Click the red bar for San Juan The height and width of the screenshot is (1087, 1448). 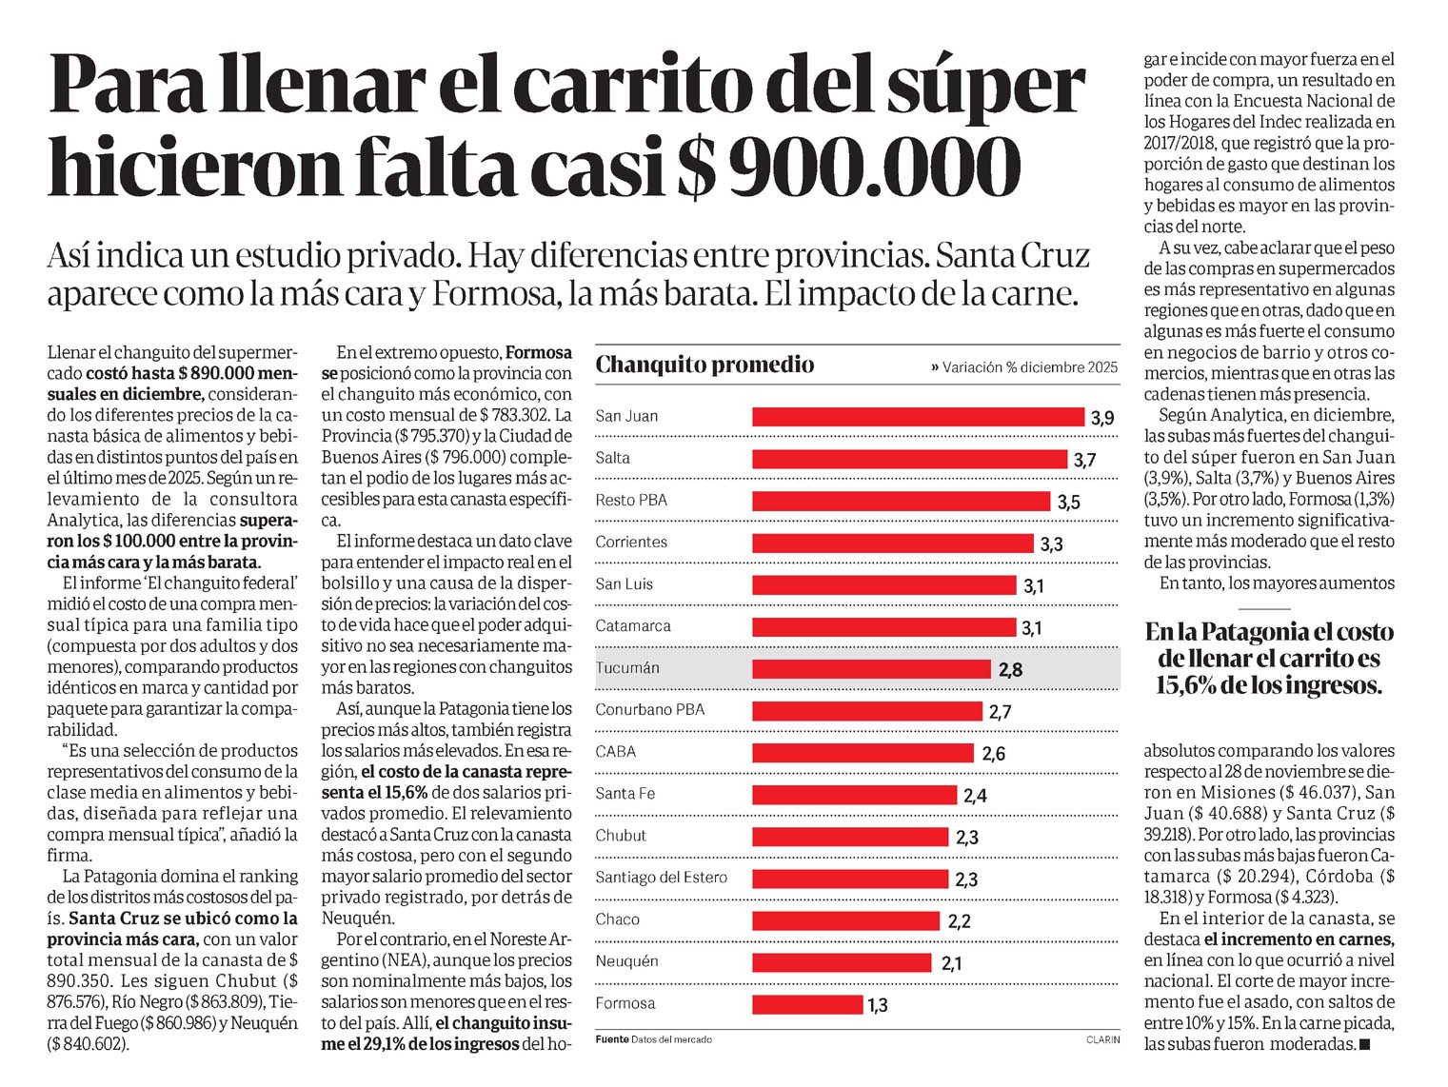tap(918, 417)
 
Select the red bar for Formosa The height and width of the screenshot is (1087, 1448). tap(806, 1004)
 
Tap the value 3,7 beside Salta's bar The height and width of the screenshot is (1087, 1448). tap(1084, 461)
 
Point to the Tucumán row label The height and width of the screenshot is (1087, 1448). tap(627, 668)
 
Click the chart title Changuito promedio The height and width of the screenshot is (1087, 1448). tap(704, 365)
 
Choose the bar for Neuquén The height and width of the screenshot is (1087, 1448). tap(843, 962)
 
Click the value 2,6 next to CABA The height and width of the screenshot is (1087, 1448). tap(993, 754)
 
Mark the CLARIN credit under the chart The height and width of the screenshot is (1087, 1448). tap(1102, 1039)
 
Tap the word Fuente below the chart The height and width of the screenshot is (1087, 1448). tap(612, 1039)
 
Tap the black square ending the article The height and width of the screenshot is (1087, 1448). tap(1365, 1044)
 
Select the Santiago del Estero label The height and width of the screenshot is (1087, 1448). tap(661, 878)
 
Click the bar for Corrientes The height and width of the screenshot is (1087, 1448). tap(892, 543)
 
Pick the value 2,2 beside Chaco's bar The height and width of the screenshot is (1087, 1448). tap(959, 921)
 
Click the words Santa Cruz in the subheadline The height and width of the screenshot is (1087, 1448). tap(1013, 256)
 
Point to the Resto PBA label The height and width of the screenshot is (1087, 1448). tap(631, 501)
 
